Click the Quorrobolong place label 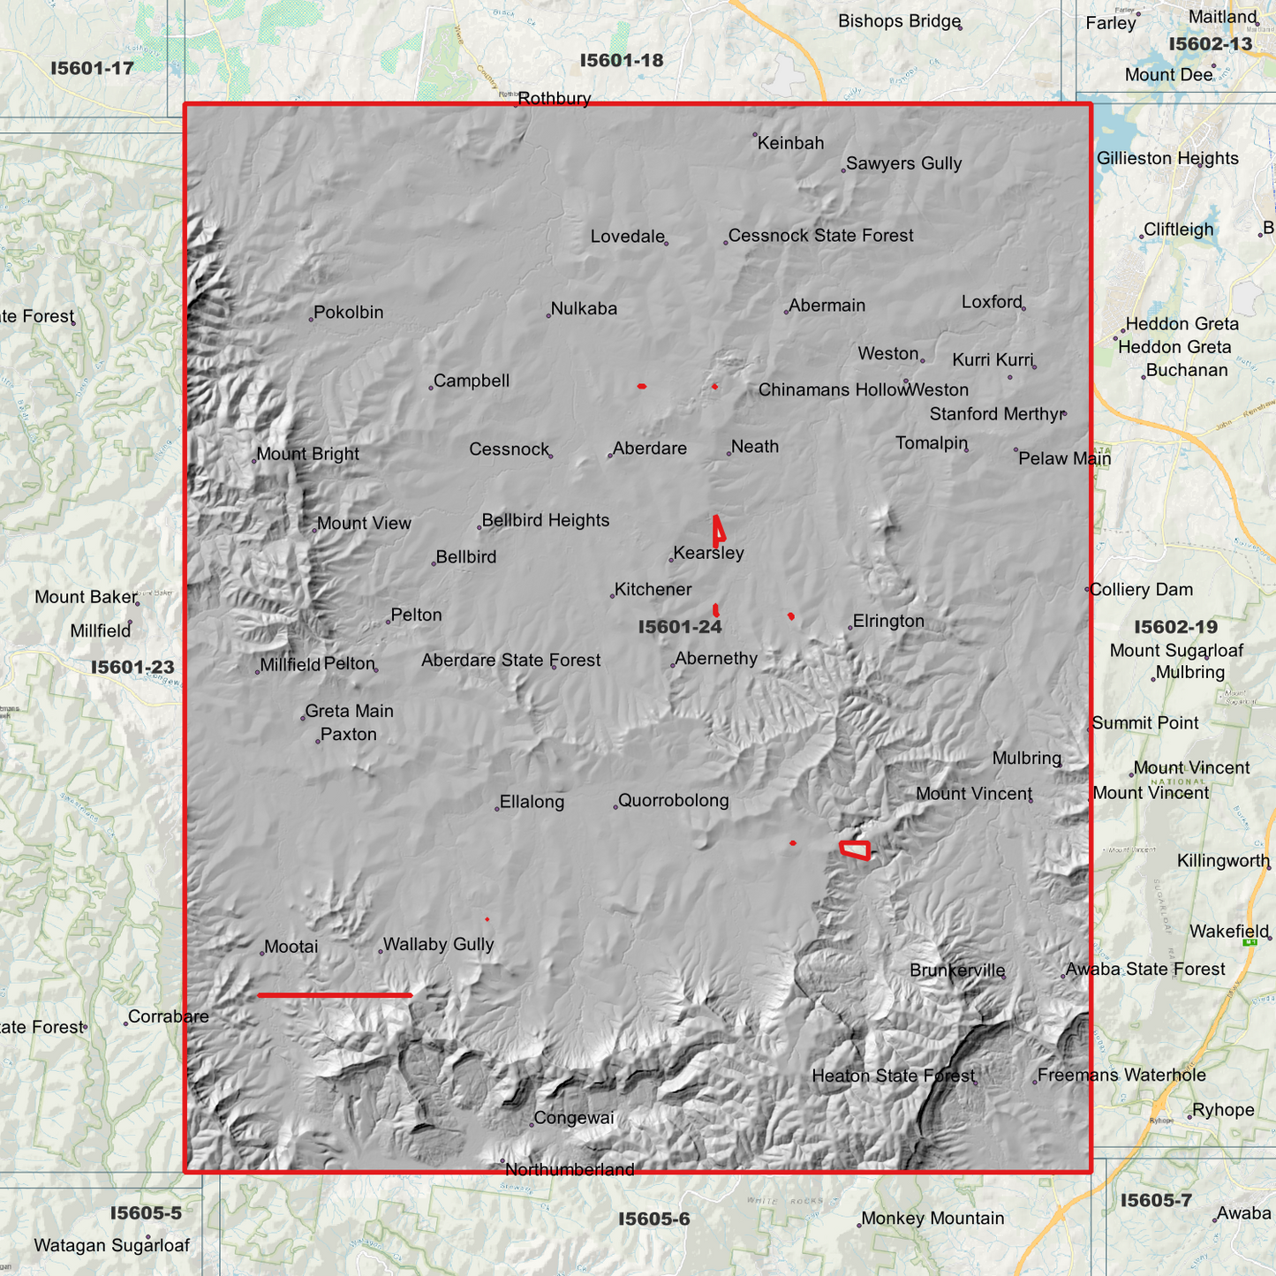[x=673, y=801]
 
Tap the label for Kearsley [x=708, y=554]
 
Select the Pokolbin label [x=349, y=313]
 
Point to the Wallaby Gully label [x=438, y=945]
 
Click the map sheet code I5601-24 [x=680, y=627]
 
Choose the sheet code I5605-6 [x=653, y=1219]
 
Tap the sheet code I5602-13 [x=1210, y=44]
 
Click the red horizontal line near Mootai [x=335, y=995]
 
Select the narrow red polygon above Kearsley [x=719, y=531]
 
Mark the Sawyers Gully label [x=903, y=164]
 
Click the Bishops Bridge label [x=899, y=21]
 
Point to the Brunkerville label [x=957, y=970]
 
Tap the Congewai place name [x=574, y=1118]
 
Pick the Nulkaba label [x=584, y=309]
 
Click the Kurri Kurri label [x=993, y=360]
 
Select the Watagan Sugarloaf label [x=112, y=1246]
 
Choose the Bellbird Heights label [x=546, y=521]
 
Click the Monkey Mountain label [x=932, y=1219]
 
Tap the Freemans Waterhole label [x=1121, y=1076]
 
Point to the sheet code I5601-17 [x=92, y=68]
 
